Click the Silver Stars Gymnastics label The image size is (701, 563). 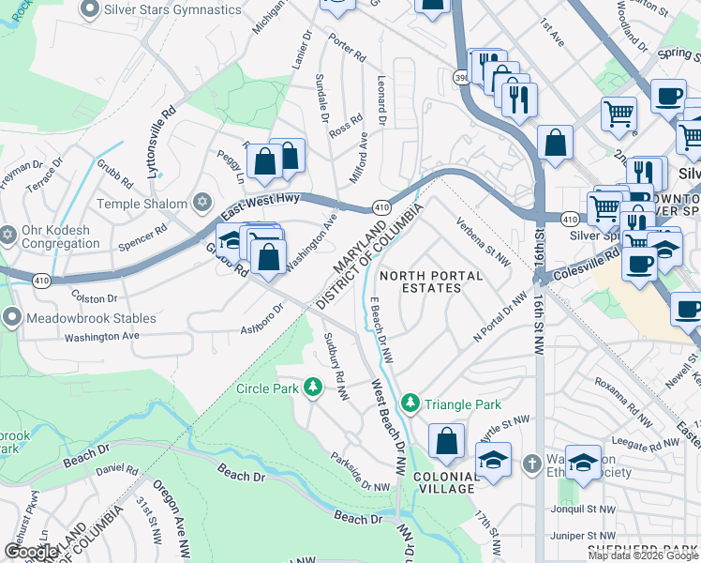(174, 9)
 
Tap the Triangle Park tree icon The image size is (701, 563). (410, 403)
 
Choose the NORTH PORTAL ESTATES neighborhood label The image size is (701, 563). (431, 282)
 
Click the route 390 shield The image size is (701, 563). (462, 77)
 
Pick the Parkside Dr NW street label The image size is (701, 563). (360, 472)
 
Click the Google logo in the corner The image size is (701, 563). (32, 552)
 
